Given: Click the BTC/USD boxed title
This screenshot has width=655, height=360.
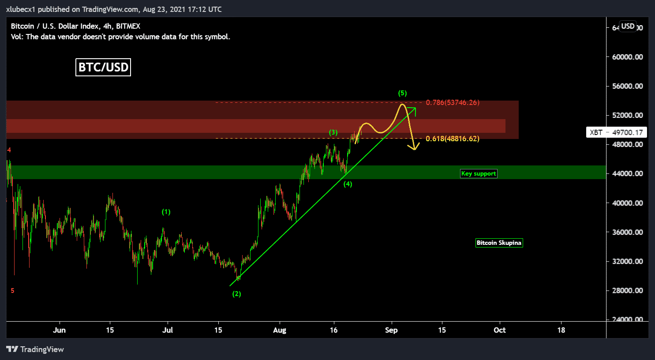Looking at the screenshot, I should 103,67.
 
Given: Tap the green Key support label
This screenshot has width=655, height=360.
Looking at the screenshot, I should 479,173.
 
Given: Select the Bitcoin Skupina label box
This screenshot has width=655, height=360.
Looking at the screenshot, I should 499,243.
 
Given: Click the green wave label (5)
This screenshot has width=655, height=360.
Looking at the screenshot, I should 402,93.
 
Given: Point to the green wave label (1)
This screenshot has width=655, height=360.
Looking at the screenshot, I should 166,212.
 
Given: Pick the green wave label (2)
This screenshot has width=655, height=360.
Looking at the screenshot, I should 237,294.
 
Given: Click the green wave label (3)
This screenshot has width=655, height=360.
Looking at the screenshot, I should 333,132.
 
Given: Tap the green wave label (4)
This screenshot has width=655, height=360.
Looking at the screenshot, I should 348,184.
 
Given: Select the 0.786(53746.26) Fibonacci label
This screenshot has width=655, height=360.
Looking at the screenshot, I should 453,102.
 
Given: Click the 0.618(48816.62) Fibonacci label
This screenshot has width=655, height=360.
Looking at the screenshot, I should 453,139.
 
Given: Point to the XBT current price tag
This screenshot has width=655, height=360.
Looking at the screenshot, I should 616,132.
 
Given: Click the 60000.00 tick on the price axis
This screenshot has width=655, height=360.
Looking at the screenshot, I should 627,57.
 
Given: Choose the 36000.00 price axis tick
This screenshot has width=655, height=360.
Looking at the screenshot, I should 627,232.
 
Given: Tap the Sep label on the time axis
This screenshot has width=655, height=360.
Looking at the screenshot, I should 391,330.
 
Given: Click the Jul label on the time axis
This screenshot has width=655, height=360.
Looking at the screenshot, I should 168,330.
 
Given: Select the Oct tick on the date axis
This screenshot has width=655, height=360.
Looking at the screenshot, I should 500,330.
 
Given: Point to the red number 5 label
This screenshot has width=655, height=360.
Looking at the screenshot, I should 12,291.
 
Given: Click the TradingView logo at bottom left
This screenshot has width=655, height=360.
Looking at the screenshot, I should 35,349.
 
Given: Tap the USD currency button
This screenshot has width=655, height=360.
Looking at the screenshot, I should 628,26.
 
